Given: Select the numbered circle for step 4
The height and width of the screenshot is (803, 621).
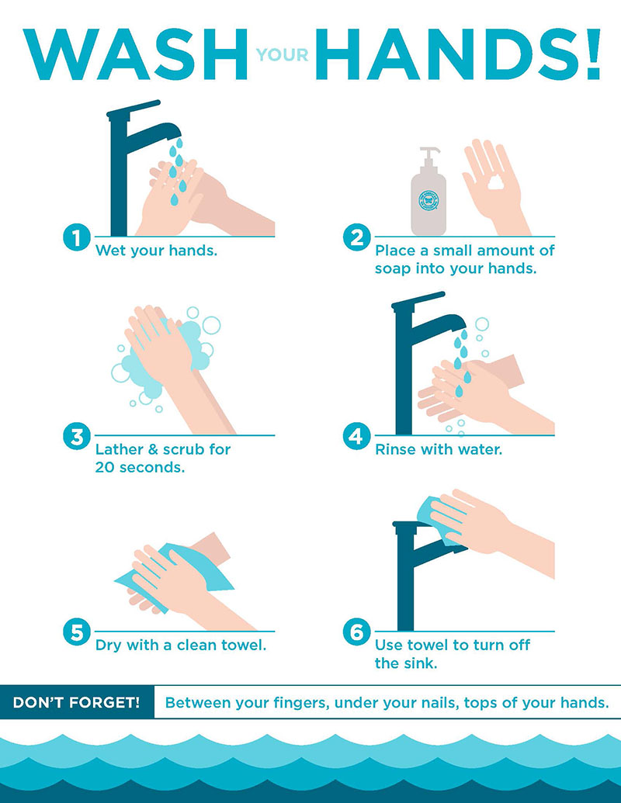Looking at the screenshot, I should pyautogui.click(x=356, y=437).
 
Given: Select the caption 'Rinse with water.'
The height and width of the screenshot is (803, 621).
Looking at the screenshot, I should pyautogui.click(x=439, y=449).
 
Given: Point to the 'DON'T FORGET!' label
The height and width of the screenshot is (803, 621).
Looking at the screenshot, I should pyautogui.click(x=77, y=703).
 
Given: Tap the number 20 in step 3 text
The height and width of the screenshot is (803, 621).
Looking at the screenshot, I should pyautogui.click(x=106, y=467).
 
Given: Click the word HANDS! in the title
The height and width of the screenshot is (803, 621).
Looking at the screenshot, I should pyautogui.click(x=463, y=54).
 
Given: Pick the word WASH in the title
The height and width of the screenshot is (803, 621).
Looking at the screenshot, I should pyautogui.click(x=132, y=54).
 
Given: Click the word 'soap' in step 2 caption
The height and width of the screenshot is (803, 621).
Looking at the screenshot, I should pyautogui.click(x=393, y=269).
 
